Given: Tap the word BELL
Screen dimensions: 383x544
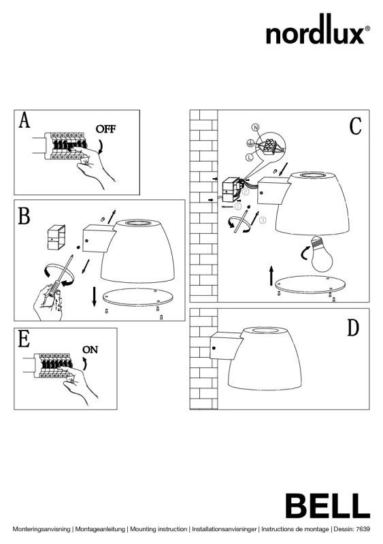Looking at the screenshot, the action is (327, 506).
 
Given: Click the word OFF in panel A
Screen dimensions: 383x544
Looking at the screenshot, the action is (105, 129).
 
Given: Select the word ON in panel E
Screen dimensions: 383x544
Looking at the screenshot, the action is (90, 350).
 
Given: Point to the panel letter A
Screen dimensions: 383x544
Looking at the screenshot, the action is (24, 120).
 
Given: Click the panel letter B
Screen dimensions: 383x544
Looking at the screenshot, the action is (24, 216).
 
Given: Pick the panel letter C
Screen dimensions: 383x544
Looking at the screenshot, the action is (356, 126).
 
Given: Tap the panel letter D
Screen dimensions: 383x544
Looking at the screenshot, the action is (353, 328).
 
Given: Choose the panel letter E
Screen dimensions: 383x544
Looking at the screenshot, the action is (24, 339).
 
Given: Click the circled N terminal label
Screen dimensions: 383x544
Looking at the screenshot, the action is (256, 128).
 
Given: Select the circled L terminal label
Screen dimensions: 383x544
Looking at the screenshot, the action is (249, 158).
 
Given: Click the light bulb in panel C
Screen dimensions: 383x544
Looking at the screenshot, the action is (321, 254).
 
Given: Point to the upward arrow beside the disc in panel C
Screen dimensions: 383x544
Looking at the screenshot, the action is (271, 276).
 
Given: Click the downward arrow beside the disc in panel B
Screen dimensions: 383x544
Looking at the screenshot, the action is (94, 296).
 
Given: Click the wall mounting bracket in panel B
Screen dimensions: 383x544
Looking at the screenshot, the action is (56, 237).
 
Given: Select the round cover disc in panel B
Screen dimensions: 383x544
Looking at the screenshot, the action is (138, 296).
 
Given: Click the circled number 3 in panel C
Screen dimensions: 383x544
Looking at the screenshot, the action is (263, 220).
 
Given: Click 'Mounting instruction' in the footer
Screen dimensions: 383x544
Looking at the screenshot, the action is (159, 529).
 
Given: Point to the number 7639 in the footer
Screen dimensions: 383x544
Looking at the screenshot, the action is (363, 529).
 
